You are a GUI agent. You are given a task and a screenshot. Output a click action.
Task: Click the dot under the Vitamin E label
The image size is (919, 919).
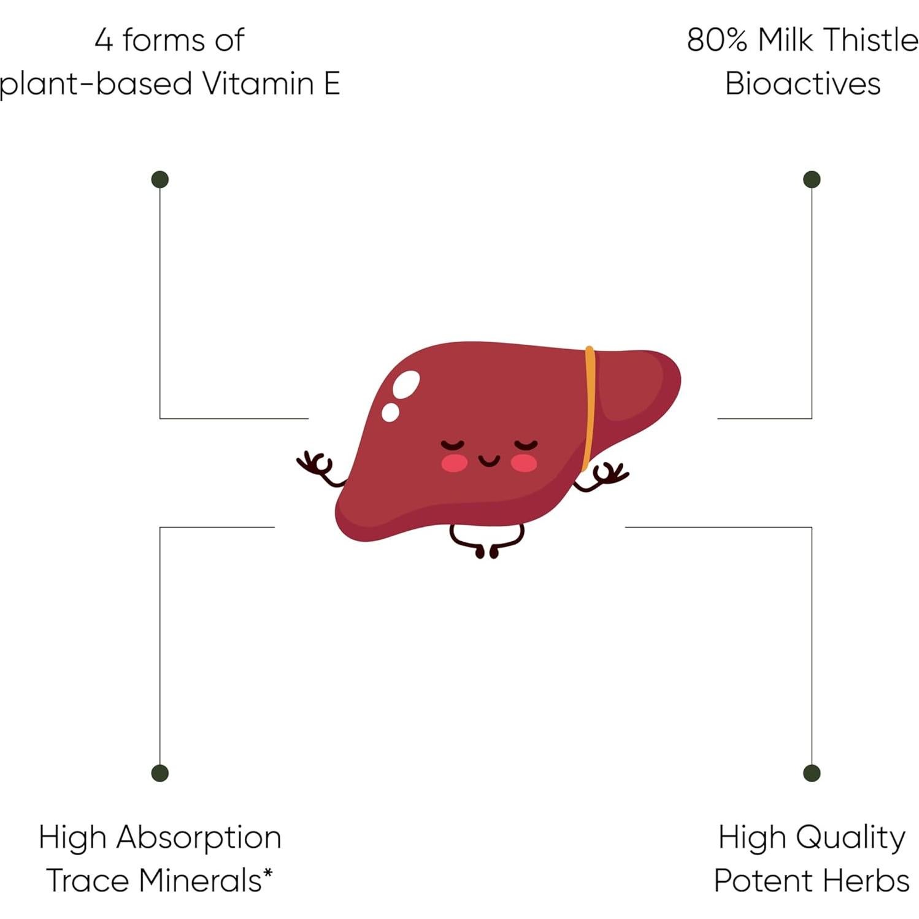[x=160, y=179]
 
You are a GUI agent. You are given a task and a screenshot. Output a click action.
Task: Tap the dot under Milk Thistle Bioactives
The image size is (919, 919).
[x=811, y=179]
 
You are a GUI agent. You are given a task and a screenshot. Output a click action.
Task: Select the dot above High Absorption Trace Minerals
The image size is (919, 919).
[x=160, y=773]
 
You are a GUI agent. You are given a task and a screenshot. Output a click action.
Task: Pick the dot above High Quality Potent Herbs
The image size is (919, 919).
[x=811, y=773]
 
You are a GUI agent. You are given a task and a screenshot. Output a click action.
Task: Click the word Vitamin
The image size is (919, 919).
[x=259, y=83]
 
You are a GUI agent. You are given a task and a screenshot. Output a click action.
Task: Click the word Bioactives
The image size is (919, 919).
[x=803, y=83]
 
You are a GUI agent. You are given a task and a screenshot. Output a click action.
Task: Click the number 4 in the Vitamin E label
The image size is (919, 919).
[x=104, y=40]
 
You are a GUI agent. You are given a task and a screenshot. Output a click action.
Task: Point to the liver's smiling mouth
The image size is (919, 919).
[x=489, y=460]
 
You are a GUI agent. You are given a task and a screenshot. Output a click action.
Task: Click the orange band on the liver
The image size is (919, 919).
[x=589, y=409]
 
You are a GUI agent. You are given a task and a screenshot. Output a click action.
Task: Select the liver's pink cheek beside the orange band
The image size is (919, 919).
[x=525, y=464]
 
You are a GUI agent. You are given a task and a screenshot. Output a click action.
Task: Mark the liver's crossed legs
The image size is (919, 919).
[x=487, y=540]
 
